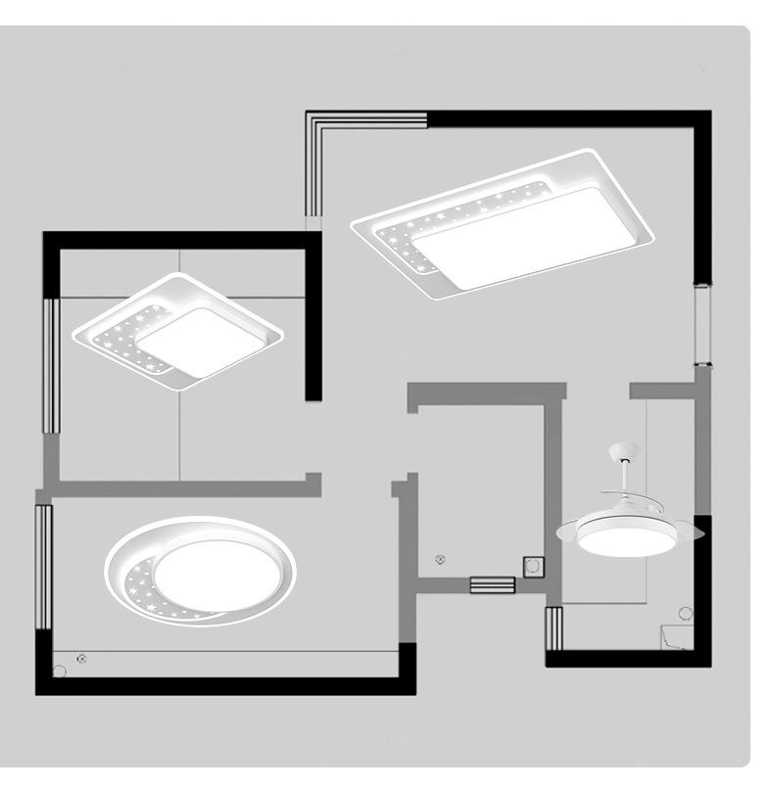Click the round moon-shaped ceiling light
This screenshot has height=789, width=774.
tap(202, 572)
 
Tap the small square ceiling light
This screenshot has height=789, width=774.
tap(181, 333)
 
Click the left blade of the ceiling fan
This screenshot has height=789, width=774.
tap(568, 533)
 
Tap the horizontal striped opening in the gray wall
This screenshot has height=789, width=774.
tap(492, 584)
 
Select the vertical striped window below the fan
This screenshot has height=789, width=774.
tap(554, 628)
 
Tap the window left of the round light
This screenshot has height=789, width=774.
tap(42, 568)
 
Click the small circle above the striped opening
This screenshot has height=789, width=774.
tap(440, 559)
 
